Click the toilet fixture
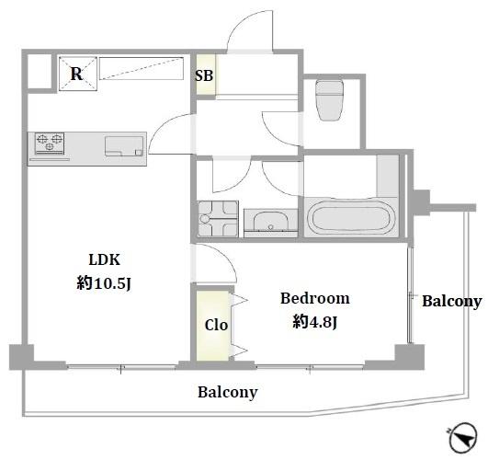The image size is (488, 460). pos(329,99)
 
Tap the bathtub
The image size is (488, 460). pos(351,217)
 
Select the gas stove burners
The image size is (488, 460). pos(50,143)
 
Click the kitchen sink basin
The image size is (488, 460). pos(124,146)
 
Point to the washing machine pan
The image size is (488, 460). pos(218,219)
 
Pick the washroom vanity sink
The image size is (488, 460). pos(271,224)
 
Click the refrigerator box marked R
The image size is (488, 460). pos(78,74)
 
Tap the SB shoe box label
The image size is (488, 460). pos(204,75)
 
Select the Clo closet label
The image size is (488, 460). pos(216,325)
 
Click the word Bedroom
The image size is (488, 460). pos(315,298)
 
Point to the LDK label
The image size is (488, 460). pos(104,259)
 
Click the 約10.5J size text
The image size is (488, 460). pos(104,283)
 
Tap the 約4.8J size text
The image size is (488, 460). pos(314,322)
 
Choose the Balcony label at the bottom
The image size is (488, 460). pos(228,392)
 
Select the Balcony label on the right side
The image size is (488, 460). pos(452,302)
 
